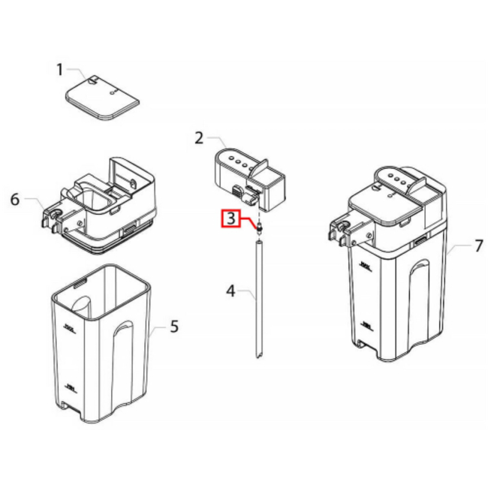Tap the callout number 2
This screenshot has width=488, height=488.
point(199,137)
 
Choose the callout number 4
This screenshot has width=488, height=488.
point(231,290)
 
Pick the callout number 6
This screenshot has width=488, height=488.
point(14,200)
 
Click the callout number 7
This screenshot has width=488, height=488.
point(459,246)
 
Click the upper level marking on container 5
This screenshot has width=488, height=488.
point(71,327)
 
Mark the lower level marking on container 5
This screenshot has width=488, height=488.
point(71,388)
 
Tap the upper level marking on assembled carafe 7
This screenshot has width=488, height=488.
point(366,266)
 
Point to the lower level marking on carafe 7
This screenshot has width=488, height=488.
point(366,324)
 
